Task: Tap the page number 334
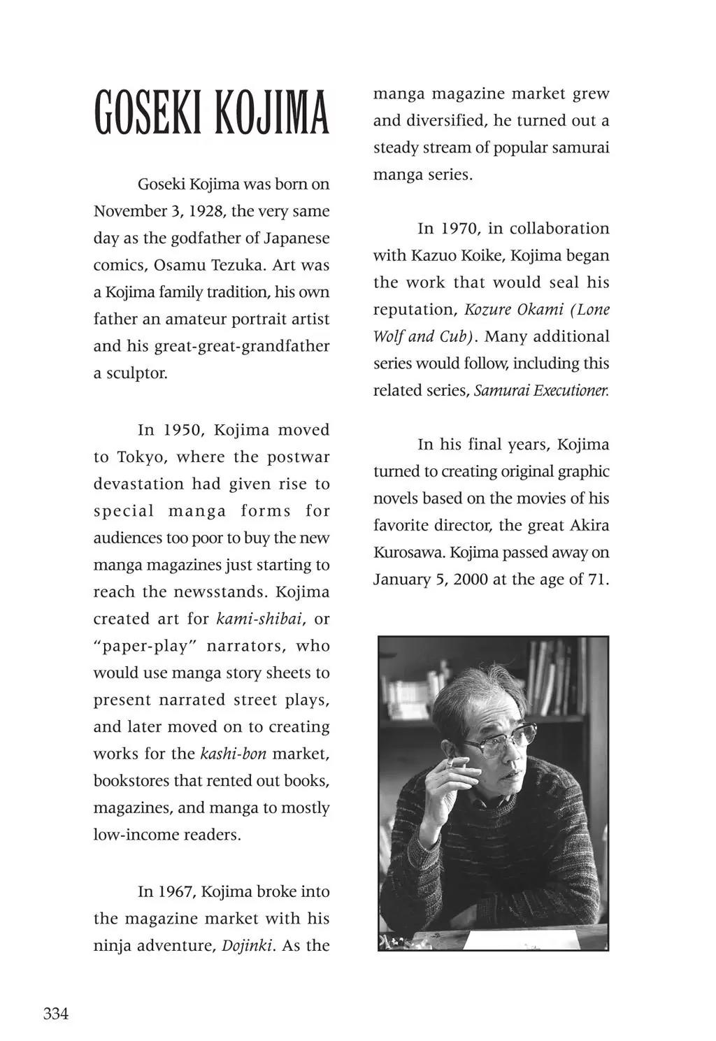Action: pos(56,1013)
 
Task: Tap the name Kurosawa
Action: pos(408,553)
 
